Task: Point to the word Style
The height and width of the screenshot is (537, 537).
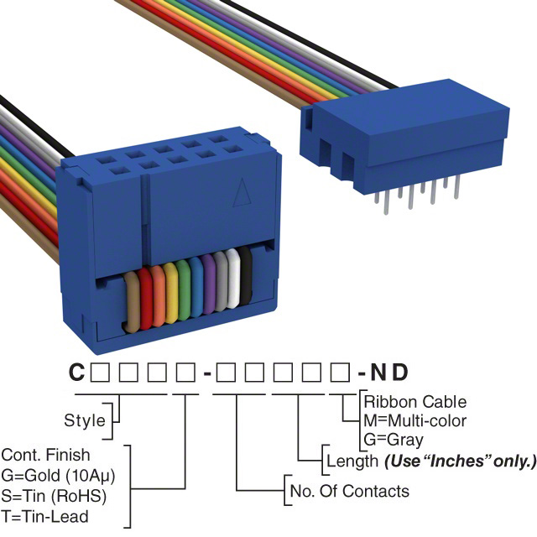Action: click(85, 420)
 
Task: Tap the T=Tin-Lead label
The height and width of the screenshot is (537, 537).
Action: click(44, 516)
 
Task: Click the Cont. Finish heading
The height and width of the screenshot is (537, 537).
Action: click(45, 456)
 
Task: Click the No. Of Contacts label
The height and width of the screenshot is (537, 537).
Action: click(349, 491)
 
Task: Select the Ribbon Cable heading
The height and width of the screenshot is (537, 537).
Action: click(414, 402)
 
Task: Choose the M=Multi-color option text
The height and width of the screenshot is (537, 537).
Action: click(414, 420)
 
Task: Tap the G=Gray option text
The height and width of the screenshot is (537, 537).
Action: click(394, 439)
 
